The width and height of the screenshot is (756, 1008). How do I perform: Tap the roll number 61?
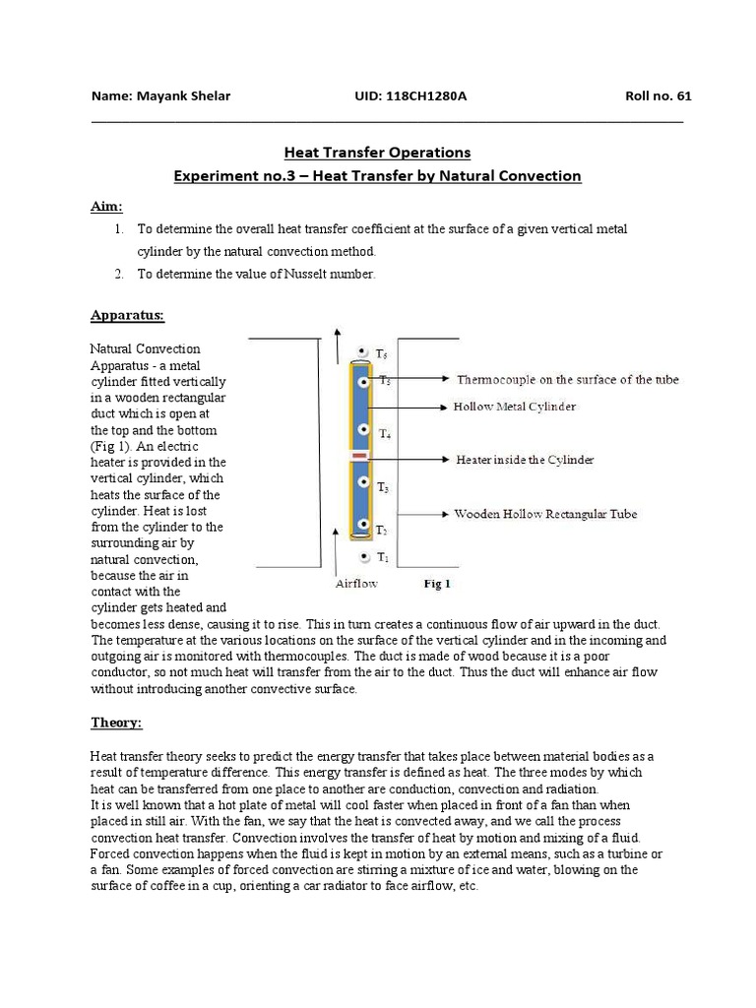click(684, 96)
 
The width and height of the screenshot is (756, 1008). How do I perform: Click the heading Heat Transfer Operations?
click(377, 153)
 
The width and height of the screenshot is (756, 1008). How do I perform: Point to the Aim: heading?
click(106, 206)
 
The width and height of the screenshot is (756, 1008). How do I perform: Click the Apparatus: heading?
click(127, 316)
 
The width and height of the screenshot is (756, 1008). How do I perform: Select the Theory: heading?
click(116, 723)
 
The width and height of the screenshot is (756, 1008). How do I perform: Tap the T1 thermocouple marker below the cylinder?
click(364, 557)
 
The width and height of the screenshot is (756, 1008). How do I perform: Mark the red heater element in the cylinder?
click(359, 458)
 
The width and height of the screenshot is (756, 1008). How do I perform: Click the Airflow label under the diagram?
click(356, 583)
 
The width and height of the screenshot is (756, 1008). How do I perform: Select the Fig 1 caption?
click(437, 583)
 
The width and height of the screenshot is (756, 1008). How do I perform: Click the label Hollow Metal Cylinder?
click(514, 406)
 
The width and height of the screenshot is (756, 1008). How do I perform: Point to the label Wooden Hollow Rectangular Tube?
click(544, 514)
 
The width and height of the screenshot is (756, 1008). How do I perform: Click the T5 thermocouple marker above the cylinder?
click(363, 351)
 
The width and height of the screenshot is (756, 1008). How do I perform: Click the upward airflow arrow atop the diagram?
click(338, 347)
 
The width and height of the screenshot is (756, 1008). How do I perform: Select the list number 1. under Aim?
click(118, 228)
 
